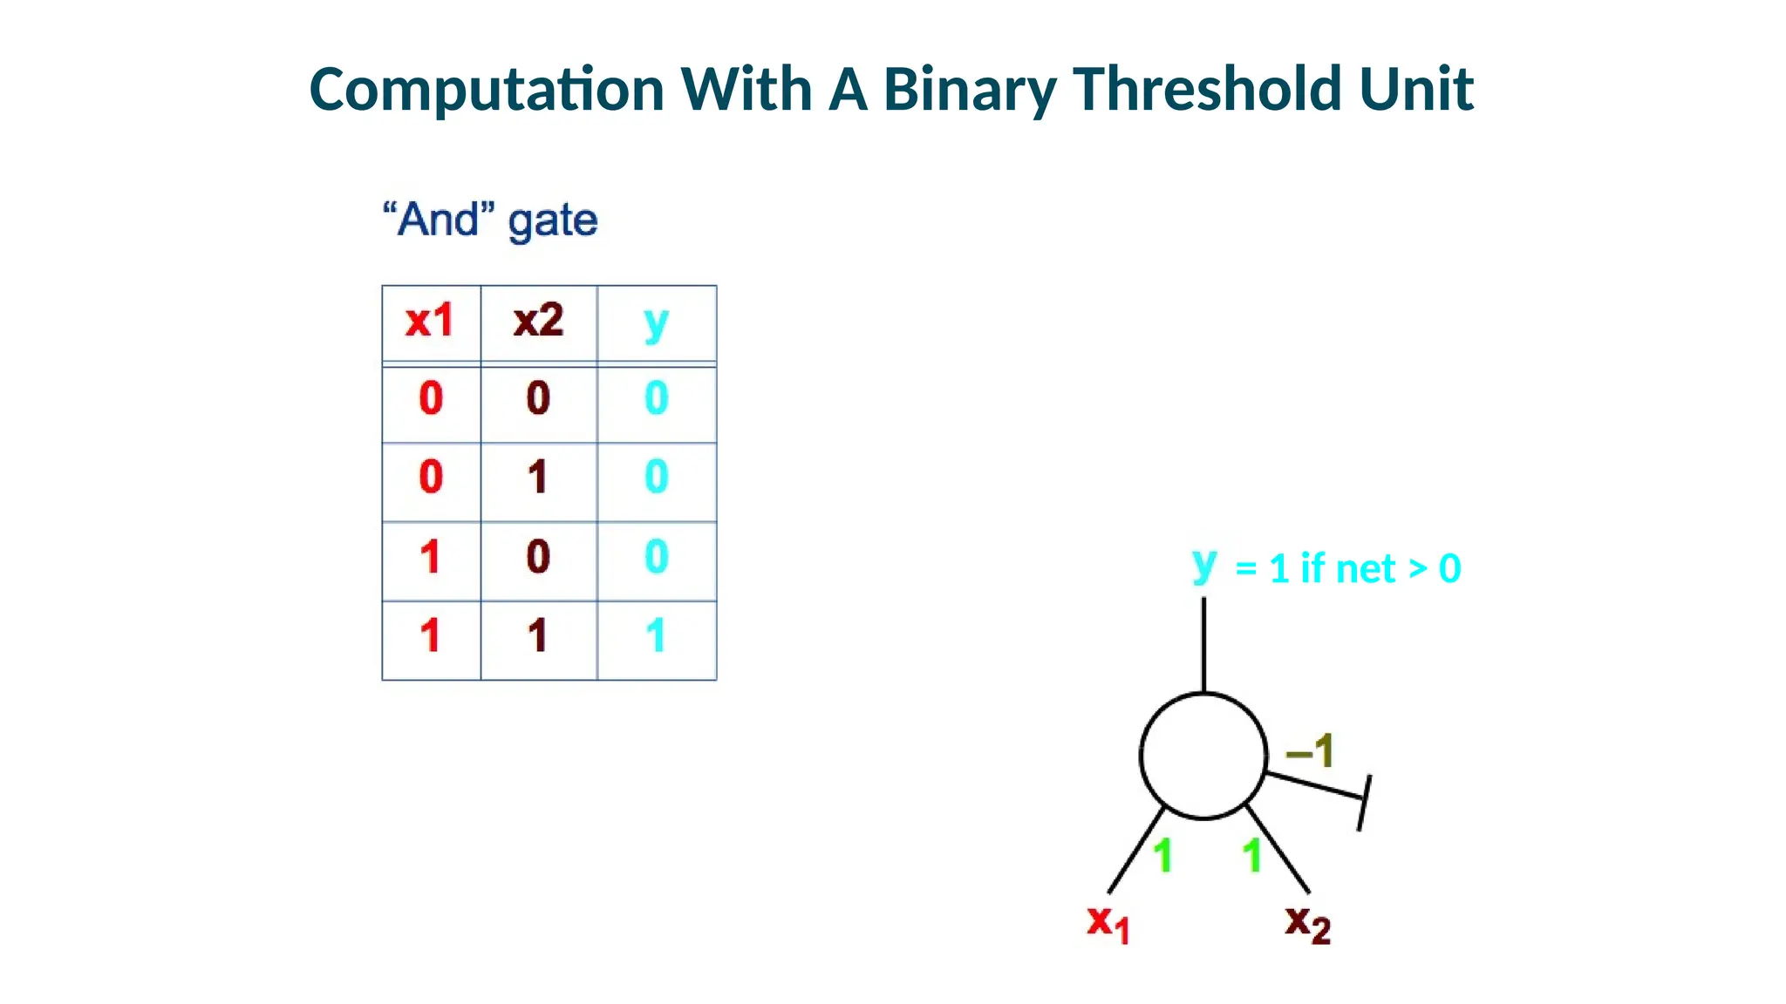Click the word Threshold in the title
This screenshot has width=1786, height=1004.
pyautogui.click(x=1207, y=89)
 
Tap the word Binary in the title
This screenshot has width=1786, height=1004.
pyautogui.click(x=969, y=91)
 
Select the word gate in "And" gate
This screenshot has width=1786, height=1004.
pyautogui.click(x=553, y=220)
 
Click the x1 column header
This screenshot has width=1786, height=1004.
pyautogui.click(x=430, y=321)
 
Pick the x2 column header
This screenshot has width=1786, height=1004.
pyautogui.click(x=538, y=321)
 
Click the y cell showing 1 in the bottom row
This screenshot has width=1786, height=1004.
pyautogui.click(x=656, y=635)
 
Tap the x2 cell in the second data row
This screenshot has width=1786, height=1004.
pyautogui.click(x=537, y=478)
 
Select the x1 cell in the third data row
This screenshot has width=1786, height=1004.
pyautogui.click(x=430, y=557)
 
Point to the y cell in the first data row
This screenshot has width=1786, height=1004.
pyautogui.click(x=656, y=398)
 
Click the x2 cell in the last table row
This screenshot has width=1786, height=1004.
pyautogui.click(x=537, y=635)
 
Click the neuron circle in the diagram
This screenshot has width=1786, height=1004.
pyautogui.click(x=1203, y=756)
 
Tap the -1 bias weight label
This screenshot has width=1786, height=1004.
pyautogui.click(x=1310, y=750)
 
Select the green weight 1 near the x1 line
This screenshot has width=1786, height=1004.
pyautogui.click(x=1162, y=856)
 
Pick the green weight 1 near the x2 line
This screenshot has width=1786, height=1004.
pyautogui.click(x=1252, y=856)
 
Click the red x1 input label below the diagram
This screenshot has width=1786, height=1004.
pyautogui.click(x=1108, y=923)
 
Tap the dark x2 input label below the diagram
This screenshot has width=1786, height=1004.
pyautogui.click(x=1307, y=923)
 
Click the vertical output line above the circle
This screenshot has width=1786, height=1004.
pyautogui.click(x=1203, y=645)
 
